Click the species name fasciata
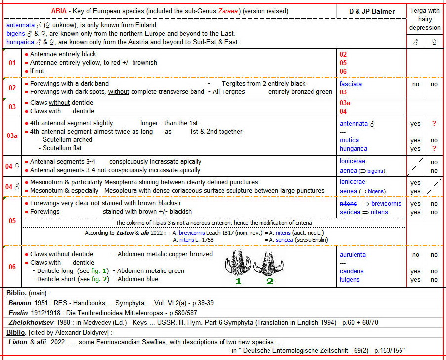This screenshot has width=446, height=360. pyautogui.click(x=351, y=84)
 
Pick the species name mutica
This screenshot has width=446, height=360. pyautogui.click(x=349, y=140)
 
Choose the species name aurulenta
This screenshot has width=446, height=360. pyautogui.click(x=353, y=254)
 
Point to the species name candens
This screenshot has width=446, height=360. pyautogui.click(x=351, y=271)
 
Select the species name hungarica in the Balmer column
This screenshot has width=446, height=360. pyautogui.click(x=353, y=149)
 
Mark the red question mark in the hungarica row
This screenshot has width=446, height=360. pyautogui.click(x=434, y=149)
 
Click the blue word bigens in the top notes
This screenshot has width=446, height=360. pyautogui.click(x=16, y=33)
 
